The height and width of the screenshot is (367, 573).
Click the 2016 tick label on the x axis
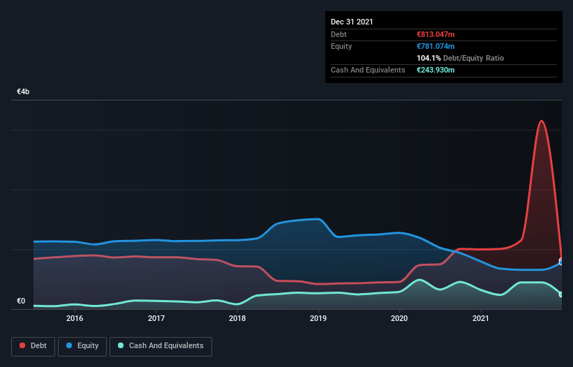coord(75,318)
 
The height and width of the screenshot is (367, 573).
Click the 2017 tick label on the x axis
coord(156,318)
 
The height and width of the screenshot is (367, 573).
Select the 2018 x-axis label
coord(237,318)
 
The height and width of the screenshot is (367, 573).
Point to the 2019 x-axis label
coord(318,318)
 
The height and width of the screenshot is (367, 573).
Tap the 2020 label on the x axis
coord(399,318)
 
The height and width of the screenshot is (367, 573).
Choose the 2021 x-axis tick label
coord(480,318)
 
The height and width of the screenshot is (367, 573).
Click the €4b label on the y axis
coord(24,92)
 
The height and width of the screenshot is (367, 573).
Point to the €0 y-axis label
coord(21,301)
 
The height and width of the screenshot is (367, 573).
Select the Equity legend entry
coord(82,345)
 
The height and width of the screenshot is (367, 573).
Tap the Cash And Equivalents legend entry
coord(161,345)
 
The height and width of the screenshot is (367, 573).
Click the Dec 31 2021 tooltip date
coord(352,22)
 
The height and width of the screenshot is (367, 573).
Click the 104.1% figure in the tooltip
coord(429,59)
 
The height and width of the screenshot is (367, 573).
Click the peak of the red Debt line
coord(541,121)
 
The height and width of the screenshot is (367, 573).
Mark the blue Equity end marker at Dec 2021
coord(561,262)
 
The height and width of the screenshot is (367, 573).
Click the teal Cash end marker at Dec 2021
coord(561,294)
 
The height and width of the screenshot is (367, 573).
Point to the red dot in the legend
coord(22,345)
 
